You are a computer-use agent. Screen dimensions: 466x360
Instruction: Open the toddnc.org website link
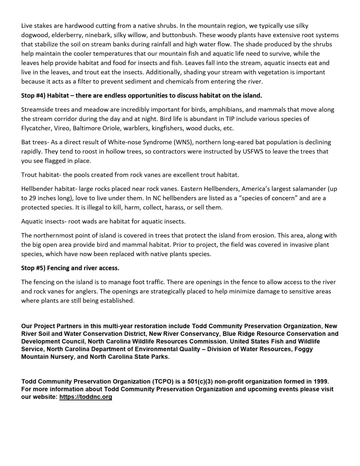point(86,397)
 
